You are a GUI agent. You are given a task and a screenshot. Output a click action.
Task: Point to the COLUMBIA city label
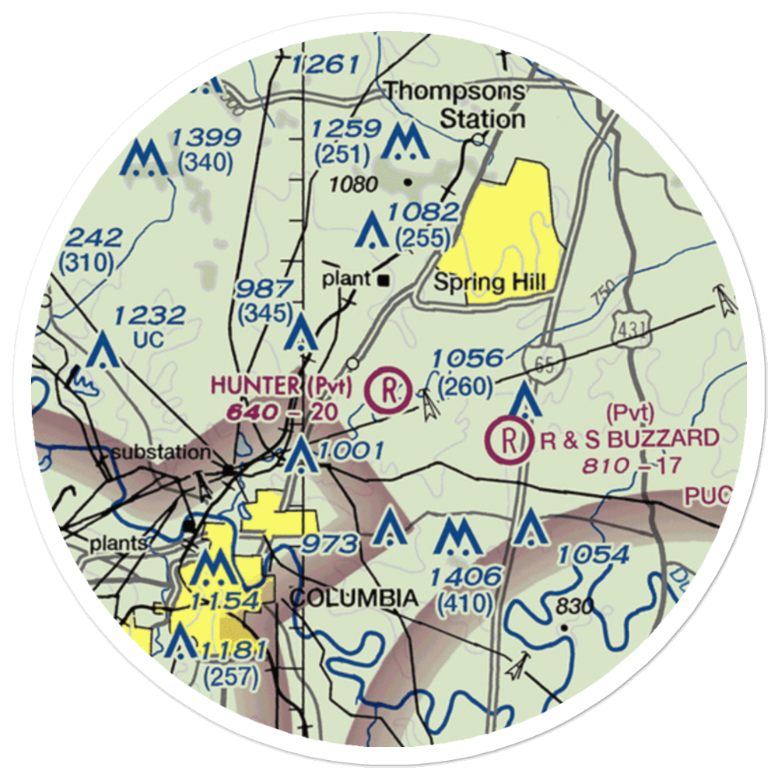353,598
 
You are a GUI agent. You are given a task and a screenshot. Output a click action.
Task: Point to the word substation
160,451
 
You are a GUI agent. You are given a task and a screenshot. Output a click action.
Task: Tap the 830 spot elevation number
575,606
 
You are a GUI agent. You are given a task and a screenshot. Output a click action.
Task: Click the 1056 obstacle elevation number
468,359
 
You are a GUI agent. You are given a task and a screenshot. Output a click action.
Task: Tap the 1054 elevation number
593,555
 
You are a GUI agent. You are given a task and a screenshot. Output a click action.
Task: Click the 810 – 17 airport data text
631,466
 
